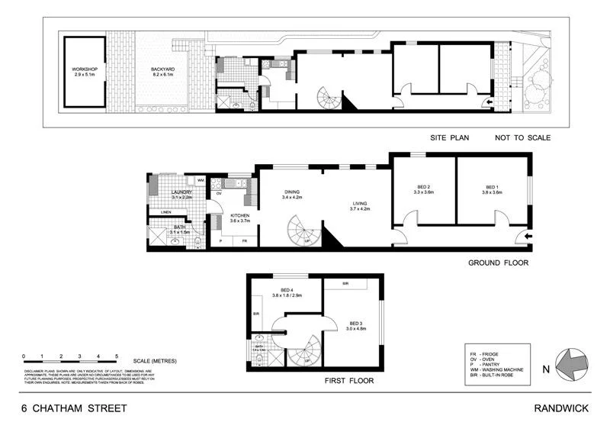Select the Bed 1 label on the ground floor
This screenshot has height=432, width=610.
tap(492, 189)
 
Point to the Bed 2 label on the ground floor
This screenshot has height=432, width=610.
tap(424, 189)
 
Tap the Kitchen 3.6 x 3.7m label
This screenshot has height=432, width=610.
tap(240, 218)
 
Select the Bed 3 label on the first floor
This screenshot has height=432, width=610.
tap(352, 325)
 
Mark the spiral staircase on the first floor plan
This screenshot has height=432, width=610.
tap(305, 352)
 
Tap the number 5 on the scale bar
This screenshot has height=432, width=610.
tap(117, 356)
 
